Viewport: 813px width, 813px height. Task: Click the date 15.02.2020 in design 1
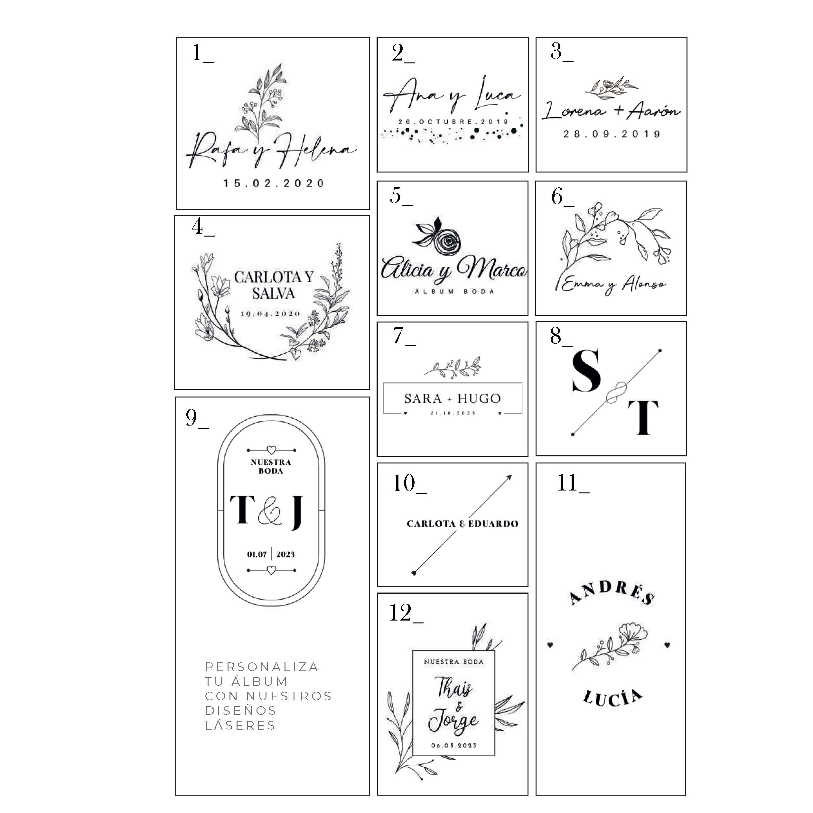[274, 183]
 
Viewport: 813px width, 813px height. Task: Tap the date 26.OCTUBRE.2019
[453, 122]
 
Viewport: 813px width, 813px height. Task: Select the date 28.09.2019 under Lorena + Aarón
[612, 134]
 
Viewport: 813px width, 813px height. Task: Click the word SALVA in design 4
[273, 293]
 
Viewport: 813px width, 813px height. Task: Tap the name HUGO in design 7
[479, 398]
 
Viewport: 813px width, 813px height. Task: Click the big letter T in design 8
[642, 418]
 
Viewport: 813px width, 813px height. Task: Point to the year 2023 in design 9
[285, 554]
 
